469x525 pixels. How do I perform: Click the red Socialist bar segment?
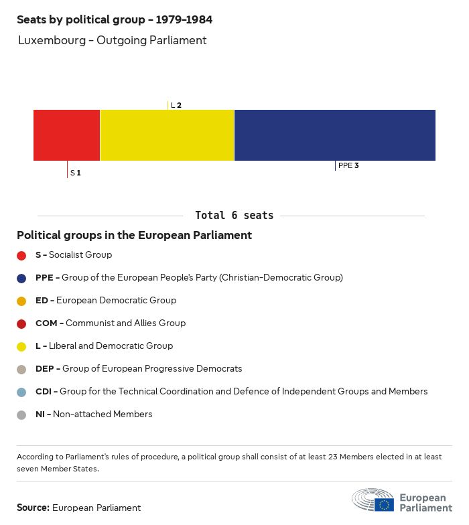click(x=66, y=135)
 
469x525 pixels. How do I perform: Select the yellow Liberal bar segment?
click(x=167, y=135)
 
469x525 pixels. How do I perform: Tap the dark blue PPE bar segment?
click(x=334, y=135)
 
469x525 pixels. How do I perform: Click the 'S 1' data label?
click(x=75, y=173)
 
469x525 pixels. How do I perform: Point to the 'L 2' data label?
click(x=176, y=105)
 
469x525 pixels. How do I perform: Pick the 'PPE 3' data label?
click(x=348, y=165)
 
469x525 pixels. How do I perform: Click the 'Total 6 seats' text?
click(x=234, y=216)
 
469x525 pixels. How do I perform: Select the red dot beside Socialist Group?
click(x=21, y=255)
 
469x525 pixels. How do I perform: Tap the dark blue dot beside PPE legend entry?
click(x=21, y=278)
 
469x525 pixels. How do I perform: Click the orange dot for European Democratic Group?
click(x=21, y=301)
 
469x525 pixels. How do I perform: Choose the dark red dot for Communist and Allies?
click(x=21, y=323)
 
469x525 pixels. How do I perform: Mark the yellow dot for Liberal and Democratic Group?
click(x=21, y=346)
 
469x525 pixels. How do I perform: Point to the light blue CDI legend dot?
click(x=21, y=392)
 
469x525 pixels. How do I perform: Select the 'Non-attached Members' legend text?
click(x=103, y=415)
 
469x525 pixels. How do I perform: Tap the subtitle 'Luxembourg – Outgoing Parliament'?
click(x=112, y=40)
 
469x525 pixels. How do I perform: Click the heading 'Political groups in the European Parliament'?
click(x=134, y=235)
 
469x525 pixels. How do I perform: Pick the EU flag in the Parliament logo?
click(x=384, y=504)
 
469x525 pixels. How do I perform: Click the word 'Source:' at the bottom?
click(x=33, y=508)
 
